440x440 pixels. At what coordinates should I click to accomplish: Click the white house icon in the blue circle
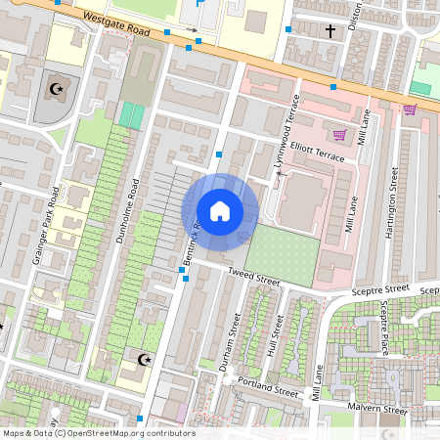[220, 210]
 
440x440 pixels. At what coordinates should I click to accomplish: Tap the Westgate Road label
[117, 24]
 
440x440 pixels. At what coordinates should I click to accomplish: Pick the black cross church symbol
[330, 31]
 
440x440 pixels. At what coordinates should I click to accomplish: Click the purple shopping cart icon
[340, 135]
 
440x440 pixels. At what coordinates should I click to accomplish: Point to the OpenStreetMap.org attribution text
[98, 433]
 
